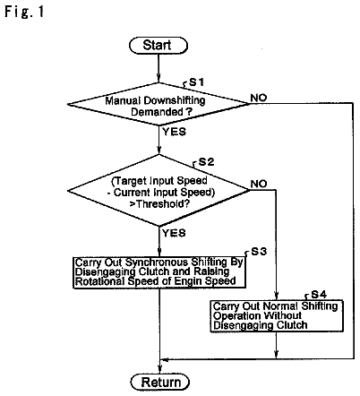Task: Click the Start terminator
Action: click(x=159, y=46)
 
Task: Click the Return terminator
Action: click(x=160, y=382)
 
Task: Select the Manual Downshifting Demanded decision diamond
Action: click(x=158, y=104)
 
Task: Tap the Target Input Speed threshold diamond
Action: click(x=159, y=190)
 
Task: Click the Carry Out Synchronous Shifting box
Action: click(x=159, y=272)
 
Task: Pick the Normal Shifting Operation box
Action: click(x=277, y=316)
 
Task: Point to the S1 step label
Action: click(x=197, y=82)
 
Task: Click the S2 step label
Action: click(x=206, y=162)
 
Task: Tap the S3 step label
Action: click(x=259, y=252)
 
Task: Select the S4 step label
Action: click(x=319, y=295)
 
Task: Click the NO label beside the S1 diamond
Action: click(x=259, y=98)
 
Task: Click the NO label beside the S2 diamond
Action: click(x=259, y=184)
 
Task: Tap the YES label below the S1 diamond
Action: click(x=175, y=132)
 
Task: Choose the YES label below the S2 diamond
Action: click(x=174, y=233)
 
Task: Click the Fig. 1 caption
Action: click(x=24, y=12)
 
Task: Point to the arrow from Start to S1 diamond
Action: click(x=159, y=68)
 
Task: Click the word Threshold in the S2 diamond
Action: click(x=163, y=204)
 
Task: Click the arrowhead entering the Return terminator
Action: click(x=160, y=370)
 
